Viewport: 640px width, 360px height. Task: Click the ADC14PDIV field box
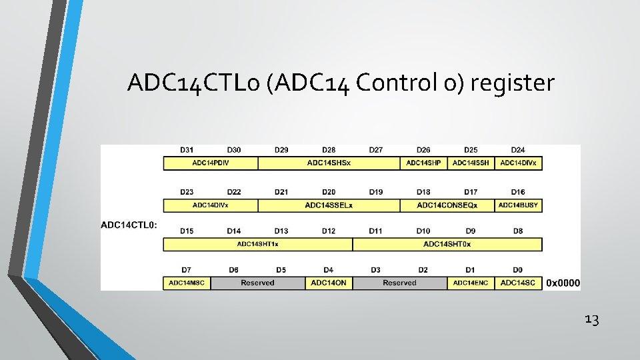click(211, 163)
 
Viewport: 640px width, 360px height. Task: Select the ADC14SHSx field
click(329, 163)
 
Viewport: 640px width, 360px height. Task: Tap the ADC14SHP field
click(423, 163)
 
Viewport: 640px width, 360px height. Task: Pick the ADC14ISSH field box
click(471, 163)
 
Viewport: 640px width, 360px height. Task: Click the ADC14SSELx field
click(329, 205)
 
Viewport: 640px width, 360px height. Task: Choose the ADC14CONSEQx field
click(447, 205)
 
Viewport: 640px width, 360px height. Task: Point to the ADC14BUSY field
click(518, 205)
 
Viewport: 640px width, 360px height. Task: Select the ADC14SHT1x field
click(257, 244)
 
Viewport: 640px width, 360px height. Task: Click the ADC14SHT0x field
click(447, 244)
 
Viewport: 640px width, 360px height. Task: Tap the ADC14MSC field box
click(187, 283)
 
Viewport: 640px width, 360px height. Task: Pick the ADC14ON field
click(329, 283)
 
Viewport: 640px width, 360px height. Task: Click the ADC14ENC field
click(471, 283)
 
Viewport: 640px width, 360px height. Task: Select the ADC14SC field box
click(518, 283)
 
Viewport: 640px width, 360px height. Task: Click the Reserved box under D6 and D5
click(257, 283)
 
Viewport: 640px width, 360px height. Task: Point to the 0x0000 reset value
click(563, 283)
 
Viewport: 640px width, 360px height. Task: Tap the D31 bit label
click(187, 150)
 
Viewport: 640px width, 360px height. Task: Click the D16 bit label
click(518, 192)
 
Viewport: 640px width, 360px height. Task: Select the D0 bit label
click(518, 270)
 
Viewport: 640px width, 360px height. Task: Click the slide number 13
click(591, 320)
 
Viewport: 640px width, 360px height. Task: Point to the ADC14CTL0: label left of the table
click(129, 225)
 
